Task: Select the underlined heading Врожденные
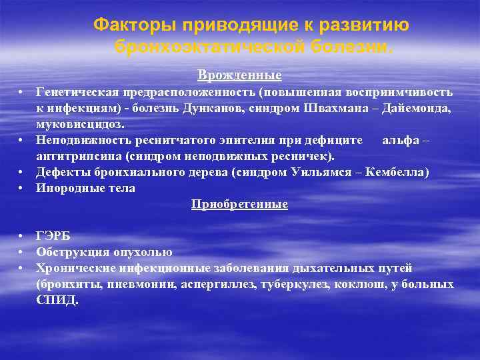(x=239, y=75)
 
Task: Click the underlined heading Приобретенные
(x=239, y=204)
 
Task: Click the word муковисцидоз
(x=81, y=123)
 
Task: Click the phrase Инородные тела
(x=86, y=188)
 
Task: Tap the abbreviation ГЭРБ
(x=53, y=236)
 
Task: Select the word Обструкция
(x=68, y=252)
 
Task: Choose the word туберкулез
(x=301, y=284)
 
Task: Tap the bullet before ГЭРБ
(x=22, y=236)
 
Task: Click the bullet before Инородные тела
(x=22, y=188)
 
